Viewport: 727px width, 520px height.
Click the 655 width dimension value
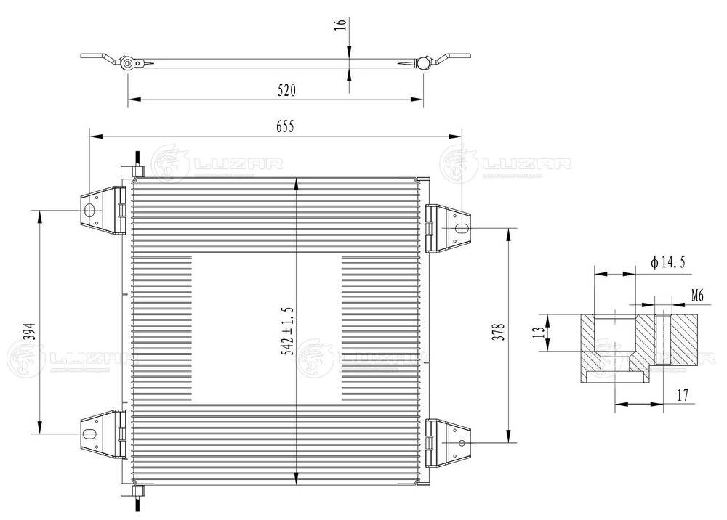point(284,126)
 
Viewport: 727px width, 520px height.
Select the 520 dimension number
point(286,90)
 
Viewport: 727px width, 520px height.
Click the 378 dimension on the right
point(498,330)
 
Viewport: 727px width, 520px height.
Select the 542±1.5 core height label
point(288,330)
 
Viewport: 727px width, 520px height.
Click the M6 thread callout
point(697,295)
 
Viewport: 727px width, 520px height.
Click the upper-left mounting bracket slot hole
point(89,211)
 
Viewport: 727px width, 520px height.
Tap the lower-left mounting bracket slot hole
point(89,434)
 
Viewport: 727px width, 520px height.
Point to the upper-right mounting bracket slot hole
point(461,228)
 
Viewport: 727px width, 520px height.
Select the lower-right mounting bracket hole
point(460,443)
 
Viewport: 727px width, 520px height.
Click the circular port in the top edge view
point(128,63)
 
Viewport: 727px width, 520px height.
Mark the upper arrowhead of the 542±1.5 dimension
point(296,184)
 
